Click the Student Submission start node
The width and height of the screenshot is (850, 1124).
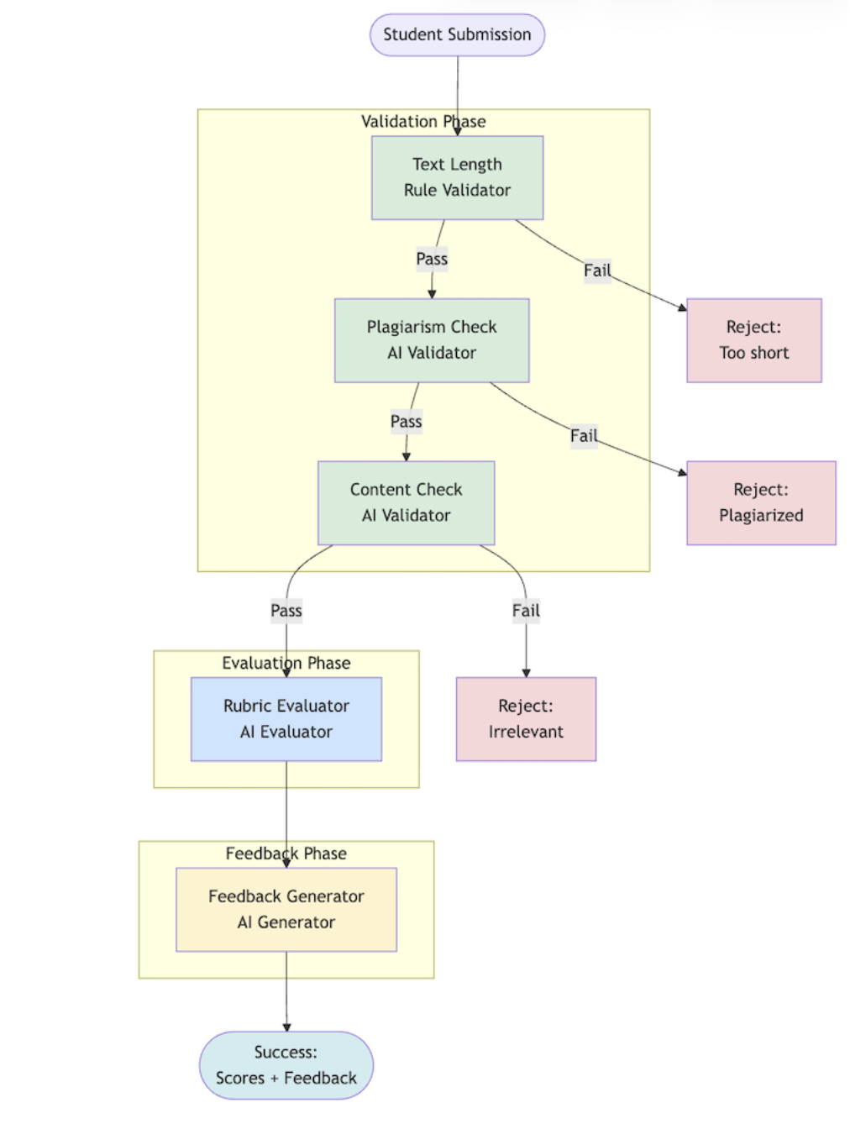click(457, 34)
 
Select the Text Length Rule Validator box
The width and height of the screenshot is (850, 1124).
click(457, 177)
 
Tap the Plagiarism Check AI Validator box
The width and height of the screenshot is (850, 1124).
click(432, 340)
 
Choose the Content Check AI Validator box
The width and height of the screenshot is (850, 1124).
click(406, 502)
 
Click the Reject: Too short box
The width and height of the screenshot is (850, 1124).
click(753, 340)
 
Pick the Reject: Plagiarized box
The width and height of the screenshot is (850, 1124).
click(761, 502)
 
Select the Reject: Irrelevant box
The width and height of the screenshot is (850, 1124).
click(526, 719)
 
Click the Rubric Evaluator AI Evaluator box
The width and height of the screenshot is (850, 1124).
click(286, 719)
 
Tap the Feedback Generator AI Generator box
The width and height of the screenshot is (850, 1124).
click(286, 909)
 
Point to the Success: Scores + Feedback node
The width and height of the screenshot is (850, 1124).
click(286, 1065)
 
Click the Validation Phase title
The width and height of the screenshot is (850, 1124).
click(423, 122)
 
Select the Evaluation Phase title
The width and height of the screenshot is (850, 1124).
click(286, 663)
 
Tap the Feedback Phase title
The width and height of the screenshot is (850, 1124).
click(286, 854)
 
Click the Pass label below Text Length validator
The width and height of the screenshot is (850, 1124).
click(432, 259)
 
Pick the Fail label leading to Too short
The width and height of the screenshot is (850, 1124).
click(597, 270)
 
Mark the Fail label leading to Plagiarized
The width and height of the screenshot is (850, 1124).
click(584, 436)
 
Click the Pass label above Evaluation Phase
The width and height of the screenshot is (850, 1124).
click(286, 611)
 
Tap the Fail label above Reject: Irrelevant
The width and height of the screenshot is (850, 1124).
click(526, 611)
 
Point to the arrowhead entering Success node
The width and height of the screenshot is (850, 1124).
click(286, 1027)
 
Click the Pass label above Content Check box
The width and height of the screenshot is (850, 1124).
click(406, 422)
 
